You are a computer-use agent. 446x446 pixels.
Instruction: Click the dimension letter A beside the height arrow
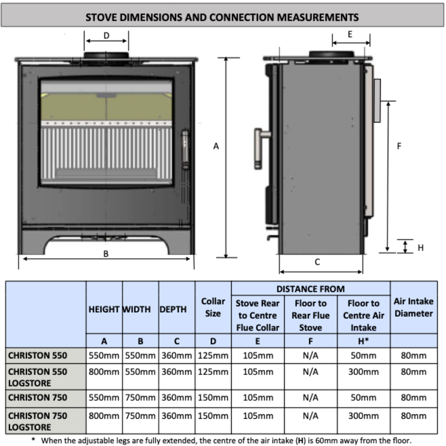[x=216, y=146]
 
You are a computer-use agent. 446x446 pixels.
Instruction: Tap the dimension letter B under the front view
[x=106, y=254]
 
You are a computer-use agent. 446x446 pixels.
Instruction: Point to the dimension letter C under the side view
[x=317, y=262]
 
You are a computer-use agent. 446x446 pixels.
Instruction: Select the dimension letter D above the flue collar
[x=106, y=36]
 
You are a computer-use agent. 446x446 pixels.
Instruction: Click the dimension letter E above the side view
[x=350, y=35]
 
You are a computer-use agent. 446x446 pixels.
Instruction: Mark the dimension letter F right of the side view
[x=399, y=146]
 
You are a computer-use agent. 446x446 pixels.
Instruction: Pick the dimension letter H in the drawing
[x=420, y=248]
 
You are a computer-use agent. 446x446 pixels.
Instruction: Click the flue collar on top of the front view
[x=106, y=57]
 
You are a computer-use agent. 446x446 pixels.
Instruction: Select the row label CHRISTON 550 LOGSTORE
[x=38, y=377]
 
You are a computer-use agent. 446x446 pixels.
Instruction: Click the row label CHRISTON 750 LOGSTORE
[x=38, y=421]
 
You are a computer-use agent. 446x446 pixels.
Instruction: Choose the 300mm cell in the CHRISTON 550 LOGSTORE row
[x=363, y=372]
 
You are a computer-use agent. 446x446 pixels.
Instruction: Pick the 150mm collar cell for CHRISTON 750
[x=213, y=398]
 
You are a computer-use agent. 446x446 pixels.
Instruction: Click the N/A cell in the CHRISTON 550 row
[x=311, y=355]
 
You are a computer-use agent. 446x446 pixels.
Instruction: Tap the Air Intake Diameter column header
[x=413, y=307]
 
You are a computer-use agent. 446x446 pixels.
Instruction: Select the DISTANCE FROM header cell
[x=311, y=289]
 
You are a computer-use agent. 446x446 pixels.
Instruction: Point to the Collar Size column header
[x=213, y=307]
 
